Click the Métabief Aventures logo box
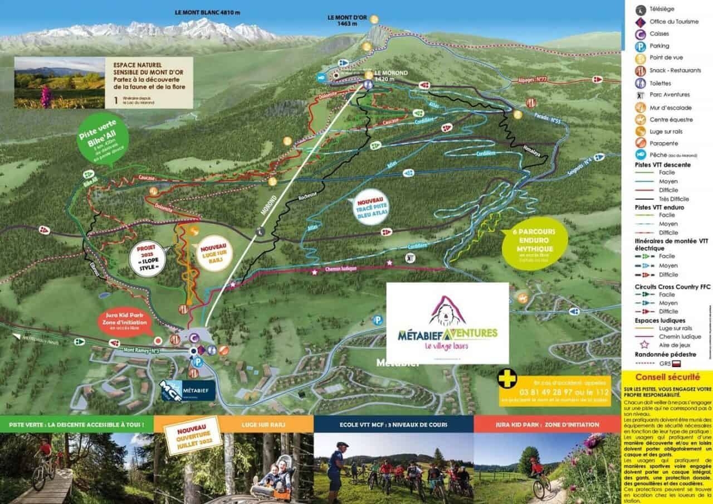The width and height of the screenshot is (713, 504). (447, 323)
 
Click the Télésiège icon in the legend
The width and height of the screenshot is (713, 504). (641, 9)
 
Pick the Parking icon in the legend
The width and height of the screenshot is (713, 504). (641, 46)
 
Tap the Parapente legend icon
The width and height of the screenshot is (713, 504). (641, 143)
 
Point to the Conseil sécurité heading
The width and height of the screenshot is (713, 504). (666, 377)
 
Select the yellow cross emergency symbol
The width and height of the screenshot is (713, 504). (507, 380)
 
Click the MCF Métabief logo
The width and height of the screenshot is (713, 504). (185, 390)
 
